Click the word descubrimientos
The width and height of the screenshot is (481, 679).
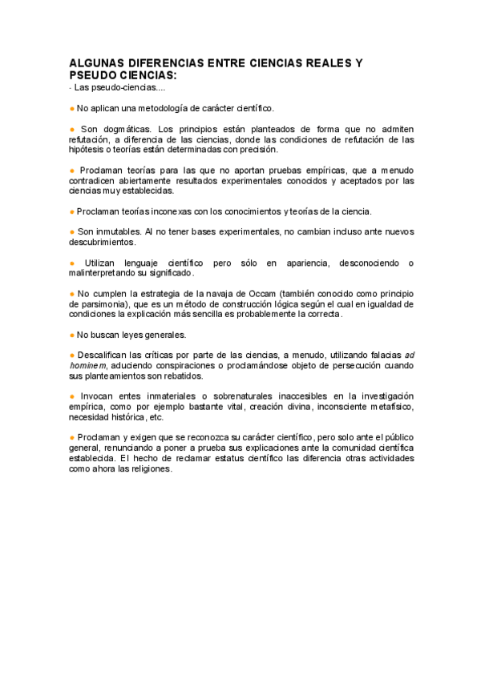[x=102, y=242]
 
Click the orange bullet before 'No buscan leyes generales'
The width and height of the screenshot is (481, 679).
[x=71, y=335]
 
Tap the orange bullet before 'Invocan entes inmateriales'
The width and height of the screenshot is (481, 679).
[x=71, y=396]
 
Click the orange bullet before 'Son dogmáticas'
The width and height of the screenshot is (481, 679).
[x=71, y=129]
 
